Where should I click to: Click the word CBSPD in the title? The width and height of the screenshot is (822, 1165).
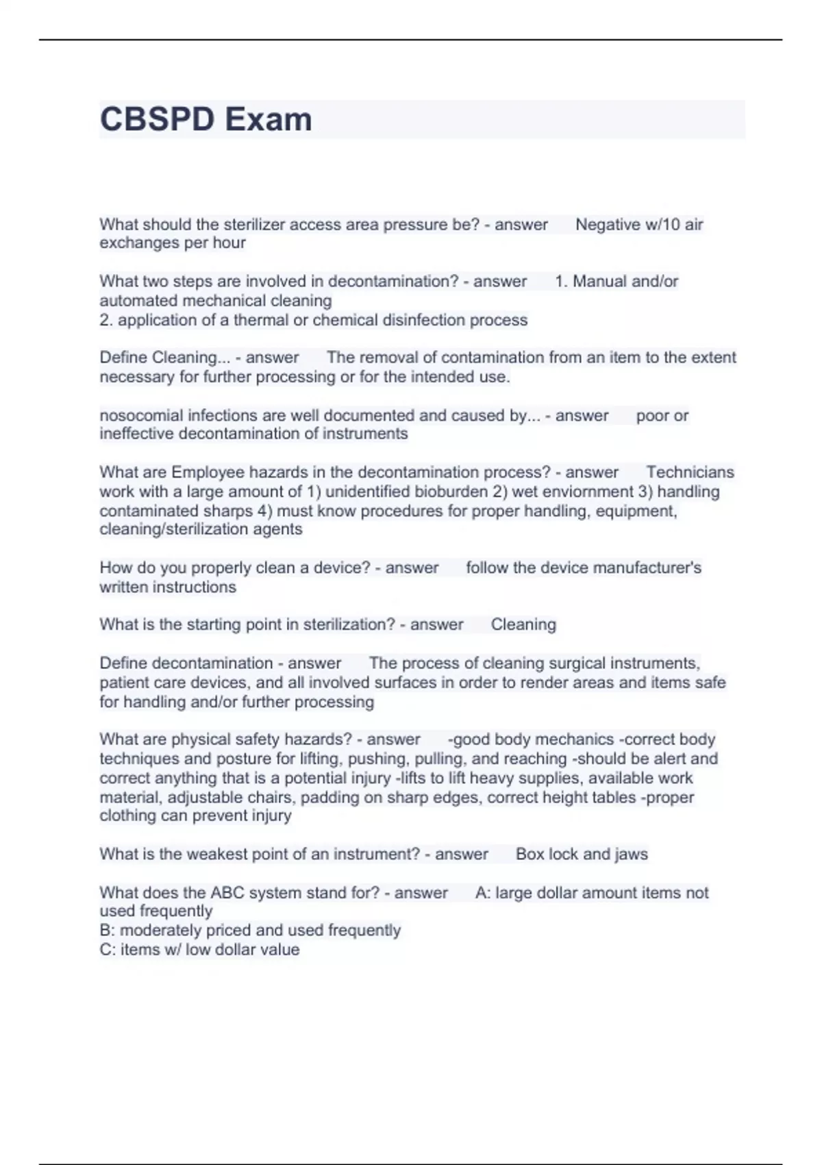point(158,119)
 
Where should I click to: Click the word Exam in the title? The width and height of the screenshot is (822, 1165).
point(269,119)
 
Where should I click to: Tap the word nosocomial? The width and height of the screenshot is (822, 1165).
point(141,415)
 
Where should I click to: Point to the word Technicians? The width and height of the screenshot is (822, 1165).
point(690,472)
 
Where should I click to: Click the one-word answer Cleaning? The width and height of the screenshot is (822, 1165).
point(523,624)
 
